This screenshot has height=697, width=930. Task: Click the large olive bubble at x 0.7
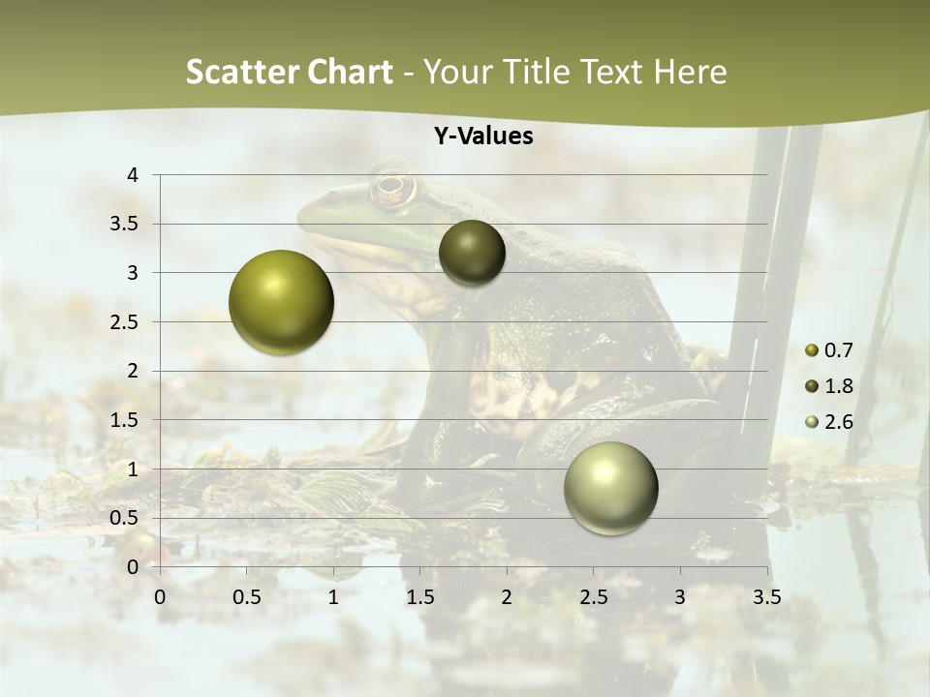coord(281,302)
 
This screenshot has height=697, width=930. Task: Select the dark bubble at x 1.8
coord(472,253)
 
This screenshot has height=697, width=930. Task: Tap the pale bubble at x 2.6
coord(610,488)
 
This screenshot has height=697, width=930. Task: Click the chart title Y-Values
coord(483,136)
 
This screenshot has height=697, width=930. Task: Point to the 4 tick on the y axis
coord(134,174)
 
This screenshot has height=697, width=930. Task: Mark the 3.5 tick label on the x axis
coord(766,597)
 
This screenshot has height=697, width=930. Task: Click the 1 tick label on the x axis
coord(333,597)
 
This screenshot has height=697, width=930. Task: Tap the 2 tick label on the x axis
coord(507,597)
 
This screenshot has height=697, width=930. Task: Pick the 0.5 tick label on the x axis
coord(247,597)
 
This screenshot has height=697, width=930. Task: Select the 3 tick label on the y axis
coord(134,273)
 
